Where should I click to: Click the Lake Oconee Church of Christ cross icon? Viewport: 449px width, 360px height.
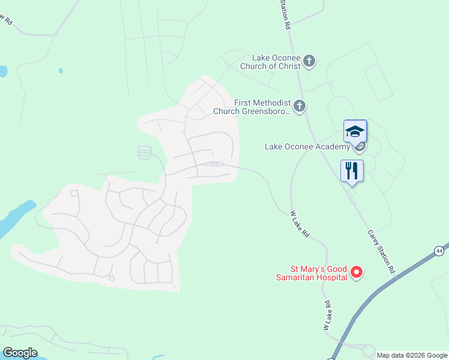point(309,61)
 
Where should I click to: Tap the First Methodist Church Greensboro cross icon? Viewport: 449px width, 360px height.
point(300,106)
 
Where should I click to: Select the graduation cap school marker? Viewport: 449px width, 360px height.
point(355,131)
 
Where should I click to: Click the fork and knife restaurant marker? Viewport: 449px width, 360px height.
point(352,170)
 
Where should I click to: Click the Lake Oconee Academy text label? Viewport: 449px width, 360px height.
point(307,146)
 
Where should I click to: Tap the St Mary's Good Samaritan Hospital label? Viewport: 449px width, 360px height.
point(312,273)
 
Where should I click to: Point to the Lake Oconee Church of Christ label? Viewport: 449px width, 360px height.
point(270,62)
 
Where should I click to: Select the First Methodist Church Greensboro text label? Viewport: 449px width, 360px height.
point(253,107)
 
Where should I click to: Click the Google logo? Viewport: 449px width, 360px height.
point(20,353)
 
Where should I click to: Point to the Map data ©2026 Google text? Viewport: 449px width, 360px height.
point(412,355)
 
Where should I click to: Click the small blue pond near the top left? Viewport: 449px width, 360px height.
point(61,71)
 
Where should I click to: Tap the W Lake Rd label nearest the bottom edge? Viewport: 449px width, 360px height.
point(328,316)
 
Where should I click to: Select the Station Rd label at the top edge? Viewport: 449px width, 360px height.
point(285,14)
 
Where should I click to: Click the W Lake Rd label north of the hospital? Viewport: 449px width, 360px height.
point(300,224)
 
